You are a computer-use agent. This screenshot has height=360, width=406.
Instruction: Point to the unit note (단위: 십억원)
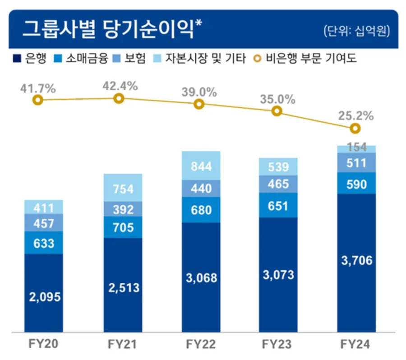(356, 31)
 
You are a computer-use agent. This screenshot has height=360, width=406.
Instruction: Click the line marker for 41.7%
(38, 100)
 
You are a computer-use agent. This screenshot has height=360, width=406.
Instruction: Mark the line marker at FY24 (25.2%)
(355, 129)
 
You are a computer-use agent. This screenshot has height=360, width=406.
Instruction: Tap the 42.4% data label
(119, 86)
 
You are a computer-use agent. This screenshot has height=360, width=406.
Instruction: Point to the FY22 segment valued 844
(201, 166)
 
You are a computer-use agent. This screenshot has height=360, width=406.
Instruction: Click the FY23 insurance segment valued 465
(278, 184)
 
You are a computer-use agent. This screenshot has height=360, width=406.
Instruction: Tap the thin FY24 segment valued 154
(356, 149)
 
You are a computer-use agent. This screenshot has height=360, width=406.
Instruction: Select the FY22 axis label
(201, 345)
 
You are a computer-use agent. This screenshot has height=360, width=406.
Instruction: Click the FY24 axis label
(356, 345)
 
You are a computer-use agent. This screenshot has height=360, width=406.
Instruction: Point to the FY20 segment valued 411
(43, 207)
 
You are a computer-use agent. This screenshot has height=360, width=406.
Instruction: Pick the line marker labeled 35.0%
(277, 111)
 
